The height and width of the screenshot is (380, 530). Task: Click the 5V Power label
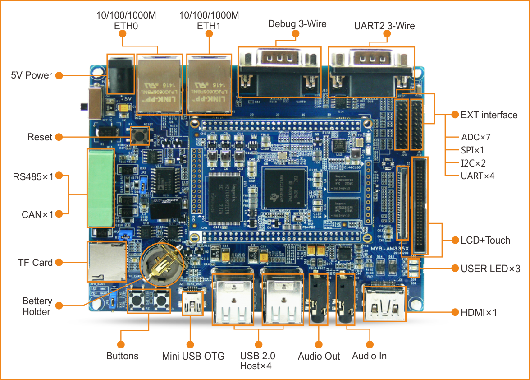pos(32,75)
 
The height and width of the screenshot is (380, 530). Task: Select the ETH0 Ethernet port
pos(160,84)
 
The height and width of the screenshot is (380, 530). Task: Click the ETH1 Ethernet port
pos(209,84)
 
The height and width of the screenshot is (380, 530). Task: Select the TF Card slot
pos(106,261)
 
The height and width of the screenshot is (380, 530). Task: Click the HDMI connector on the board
pos(384,303)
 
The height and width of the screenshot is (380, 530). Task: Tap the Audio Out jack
pos(319,304)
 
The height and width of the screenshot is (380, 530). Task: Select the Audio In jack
pos(346,304)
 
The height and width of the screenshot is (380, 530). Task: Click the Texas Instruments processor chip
pos(284,187)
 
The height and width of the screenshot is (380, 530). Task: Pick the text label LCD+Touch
pos(485,240)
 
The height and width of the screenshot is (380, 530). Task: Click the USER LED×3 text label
pos(490,269)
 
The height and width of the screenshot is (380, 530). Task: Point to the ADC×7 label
pos(475,137)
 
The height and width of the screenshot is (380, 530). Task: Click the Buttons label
pos(122,356)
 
